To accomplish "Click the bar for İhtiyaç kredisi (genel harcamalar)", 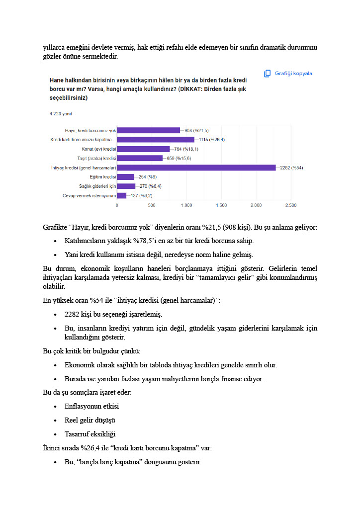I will tap(196, 168).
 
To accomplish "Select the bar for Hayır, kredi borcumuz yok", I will tap(148, 130).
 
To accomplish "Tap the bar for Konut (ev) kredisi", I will tap(143, 149).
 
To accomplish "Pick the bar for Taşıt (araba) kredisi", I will tap(140, 158).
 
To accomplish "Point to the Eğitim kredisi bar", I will tap(125, 177).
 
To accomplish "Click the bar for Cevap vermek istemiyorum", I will tap(121, 195).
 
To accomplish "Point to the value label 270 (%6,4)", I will tap(147, 186).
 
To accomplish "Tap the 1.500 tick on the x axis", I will tap(221, 205).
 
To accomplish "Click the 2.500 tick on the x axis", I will tap(291, 205).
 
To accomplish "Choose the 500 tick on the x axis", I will tap(152, 205).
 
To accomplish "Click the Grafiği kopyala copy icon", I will tap(268, 74).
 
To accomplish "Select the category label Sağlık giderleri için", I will tap(97, 186).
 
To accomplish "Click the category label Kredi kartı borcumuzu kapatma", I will tap(83, 140).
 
